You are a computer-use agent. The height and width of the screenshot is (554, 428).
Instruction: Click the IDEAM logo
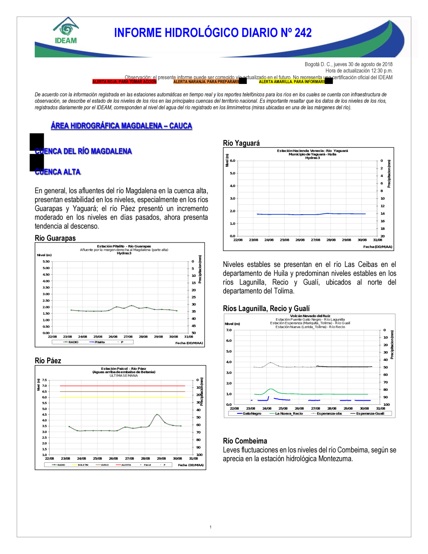click(66, 31)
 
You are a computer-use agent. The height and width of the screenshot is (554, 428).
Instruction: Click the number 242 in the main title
click(303, 33)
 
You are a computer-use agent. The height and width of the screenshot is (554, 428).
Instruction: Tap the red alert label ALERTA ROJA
click(124, 81)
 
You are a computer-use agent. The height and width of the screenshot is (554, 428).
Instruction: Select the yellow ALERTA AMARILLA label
click(292, 81)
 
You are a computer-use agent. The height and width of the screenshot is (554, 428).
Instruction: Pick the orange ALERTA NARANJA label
click(206, 81)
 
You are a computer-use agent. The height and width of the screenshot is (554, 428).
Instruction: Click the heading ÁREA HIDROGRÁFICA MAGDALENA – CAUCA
click(122, 126)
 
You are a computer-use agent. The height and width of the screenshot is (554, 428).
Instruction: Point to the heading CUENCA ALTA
click(58, 172)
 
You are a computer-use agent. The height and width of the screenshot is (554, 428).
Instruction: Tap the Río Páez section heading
click(48, 361)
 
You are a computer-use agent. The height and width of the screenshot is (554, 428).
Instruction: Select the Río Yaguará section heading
click(241, 143)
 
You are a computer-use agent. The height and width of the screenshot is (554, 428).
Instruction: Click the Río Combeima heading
click(245, 441)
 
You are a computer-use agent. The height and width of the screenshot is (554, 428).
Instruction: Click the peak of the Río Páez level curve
click(158, 414)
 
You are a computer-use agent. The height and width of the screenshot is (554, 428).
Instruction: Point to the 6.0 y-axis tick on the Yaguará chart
click(232, 161)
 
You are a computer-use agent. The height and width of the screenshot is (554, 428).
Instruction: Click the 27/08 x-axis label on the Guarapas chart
click(128, 337)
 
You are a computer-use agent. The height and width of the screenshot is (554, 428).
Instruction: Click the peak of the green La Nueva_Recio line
click(270, 389)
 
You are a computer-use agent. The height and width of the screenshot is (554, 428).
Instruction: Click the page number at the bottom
click(211, 527)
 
